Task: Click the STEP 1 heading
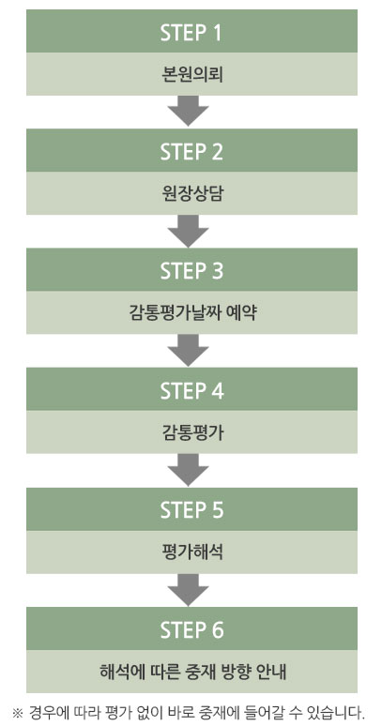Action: tap(191, 33)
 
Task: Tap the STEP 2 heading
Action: tap(191, 151)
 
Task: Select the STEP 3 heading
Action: tap(191, 271)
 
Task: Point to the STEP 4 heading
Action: tap(191, 390)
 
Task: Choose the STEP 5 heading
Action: tap(191, 509)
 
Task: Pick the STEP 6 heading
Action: tap(191, 629)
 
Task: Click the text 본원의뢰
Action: tap(191, 74)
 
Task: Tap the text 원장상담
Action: tap(191, 194)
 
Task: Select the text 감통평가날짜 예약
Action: tap(191, 313)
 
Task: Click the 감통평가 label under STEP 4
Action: tap(191, 433)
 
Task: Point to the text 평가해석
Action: tap(191, 552)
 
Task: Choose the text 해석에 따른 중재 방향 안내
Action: tap(191, 672)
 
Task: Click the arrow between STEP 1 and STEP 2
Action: tap(188, 110)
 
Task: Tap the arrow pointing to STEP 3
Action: tap(188, 230)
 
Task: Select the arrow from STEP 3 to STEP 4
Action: tap(188, 350)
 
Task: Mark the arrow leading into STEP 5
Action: tap(188, 469)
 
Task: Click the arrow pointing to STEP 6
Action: tap(188, 589)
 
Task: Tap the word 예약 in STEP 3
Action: tap(241, 313)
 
